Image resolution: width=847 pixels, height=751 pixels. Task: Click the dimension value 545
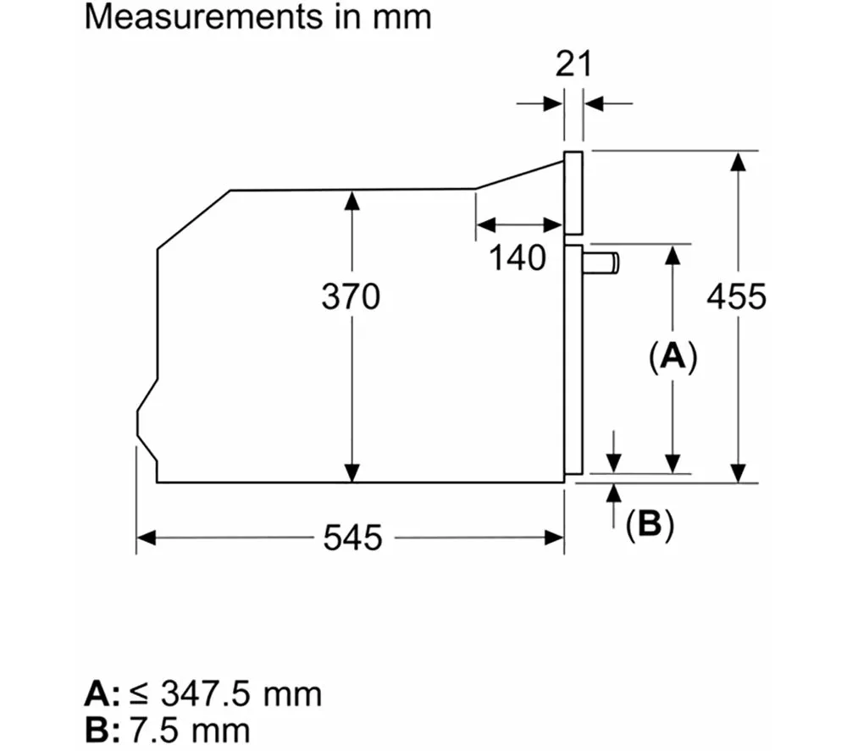click(x=352, y=538)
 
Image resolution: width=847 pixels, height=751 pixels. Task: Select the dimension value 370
click(x=351, y=297)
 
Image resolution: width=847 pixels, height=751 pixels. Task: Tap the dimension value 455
click(x=736, y=297)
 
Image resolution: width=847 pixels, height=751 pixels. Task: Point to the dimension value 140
click(x=518, y=257)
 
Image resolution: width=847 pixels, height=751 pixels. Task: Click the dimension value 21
click(x=573, y=64)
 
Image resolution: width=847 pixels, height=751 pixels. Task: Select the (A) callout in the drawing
click(x=673, y=356)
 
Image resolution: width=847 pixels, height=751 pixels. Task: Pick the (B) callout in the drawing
click(x=649, y=525)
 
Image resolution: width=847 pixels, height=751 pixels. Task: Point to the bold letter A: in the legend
click(x=103, y=694)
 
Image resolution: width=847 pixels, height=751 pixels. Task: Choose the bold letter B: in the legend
click(x=103, y=730)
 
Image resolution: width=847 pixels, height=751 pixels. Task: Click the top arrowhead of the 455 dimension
click(x=739, y=161)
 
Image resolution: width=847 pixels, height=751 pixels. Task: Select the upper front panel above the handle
click(x=573, y=192)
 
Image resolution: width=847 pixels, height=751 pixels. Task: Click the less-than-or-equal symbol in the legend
click(x=137, y=695)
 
